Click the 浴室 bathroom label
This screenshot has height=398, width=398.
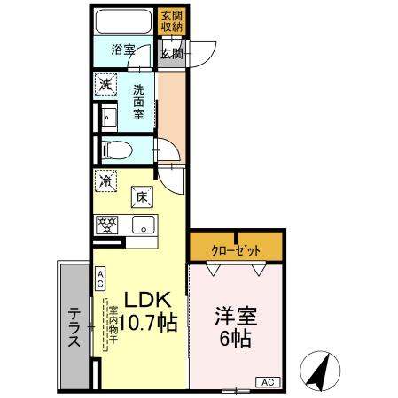pos(123,50)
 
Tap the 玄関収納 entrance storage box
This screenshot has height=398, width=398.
pos(171,21)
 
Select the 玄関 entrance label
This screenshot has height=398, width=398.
pos(171,53)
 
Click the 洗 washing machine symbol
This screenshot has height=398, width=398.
pos(106,85)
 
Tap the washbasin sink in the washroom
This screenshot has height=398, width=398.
pos(111,117)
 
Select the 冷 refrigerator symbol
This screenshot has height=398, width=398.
pos(106,180)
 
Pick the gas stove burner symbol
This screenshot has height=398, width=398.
pos(108,225)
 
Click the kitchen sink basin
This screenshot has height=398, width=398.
pos(142,226)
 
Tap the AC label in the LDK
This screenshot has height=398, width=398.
pos(100,279)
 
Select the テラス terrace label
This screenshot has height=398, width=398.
pos(74,326)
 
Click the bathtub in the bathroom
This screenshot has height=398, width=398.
pos(124,22)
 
